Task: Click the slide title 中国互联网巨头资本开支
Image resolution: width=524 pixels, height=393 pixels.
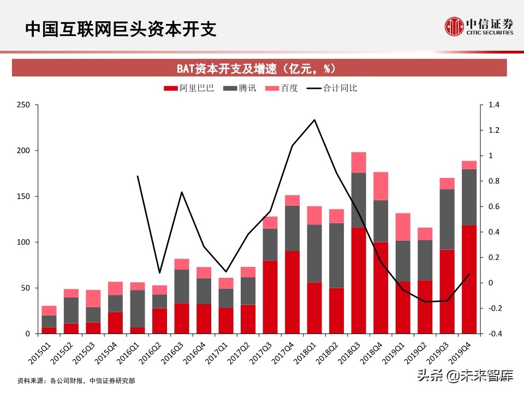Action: [121, 29]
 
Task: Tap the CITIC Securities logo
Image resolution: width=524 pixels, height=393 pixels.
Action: [479, 26]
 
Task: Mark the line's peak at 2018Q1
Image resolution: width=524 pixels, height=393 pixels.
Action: [314, 120]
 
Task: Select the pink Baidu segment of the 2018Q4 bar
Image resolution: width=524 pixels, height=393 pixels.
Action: [380, 186]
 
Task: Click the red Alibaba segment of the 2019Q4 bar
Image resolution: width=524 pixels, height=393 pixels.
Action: [469, 279]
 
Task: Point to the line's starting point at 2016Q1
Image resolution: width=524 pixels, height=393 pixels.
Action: [138, 176]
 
